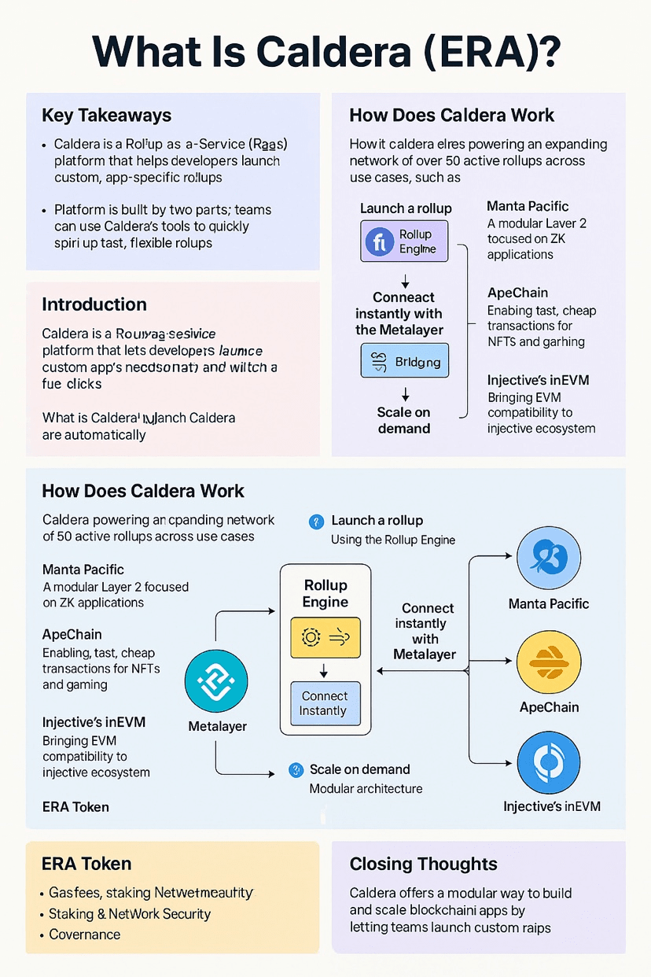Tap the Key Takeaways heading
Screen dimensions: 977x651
[106, 116]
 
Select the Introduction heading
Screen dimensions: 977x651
[94, 304]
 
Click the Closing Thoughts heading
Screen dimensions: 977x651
[423, 864]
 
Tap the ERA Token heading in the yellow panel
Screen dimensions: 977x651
[86, 864]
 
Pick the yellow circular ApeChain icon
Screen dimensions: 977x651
[548, 662]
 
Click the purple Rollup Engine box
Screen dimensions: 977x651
[404, 241]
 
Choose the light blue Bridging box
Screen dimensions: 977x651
[404, 363]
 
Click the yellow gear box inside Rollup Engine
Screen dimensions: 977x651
[325, 637]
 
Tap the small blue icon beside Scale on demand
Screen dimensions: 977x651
[296, 770]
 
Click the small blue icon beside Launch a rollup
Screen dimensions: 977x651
[317, 521]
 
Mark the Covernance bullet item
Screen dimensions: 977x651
[84, 935]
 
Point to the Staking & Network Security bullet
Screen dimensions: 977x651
[130, 914]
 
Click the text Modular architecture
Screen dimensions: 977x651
[366, 788]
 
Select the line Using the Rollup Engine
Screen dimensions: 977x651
[393, 540]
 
